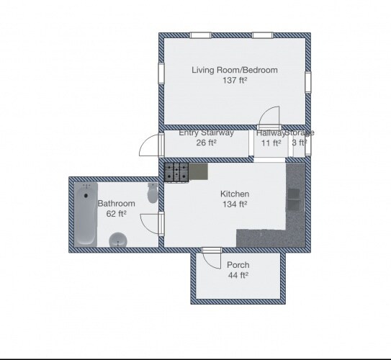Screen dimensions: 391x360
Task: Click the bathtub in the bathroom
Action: pos(86,215)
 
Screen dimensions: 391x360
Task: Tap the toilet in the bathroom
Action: pos(153,193)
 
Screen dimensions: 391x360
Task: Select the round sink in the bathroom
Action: pos(118,240)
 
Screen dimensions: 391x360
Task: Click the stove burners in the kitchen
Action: pos(176,172)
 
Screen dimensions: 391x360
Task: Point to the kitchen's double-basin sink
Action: pos(294,199)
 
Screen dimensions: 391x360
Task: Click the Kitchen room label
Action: pos(235,194)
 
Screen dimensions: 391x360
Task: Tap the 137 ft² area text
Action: pos(235,81)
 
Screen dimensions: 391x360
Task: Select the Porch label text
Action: pos(238,265)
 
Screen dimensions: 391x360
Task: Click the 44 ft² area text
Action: pos(238,275)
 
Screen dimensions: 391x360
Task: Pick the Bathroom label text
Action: pos(116,204)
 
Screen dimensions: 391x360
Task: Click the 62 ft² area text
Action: pos(116,214)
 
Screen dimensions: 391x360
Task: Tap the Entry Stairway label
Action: pos(206,132)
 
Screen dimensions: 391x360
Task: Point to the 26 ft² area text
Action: pos(206,143)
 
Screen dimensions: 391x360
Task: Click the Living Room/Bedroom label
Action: pos(235,70)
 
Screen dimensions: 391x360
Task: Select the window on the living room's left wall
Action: pos(161,73)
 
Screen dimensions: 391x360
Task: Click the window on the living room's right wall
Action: pos(308,82)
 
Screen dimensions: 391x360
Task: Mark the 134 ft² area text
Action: pos(235,204)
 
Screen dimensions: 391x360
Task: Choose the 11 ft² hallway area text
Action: pos(271,143)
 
